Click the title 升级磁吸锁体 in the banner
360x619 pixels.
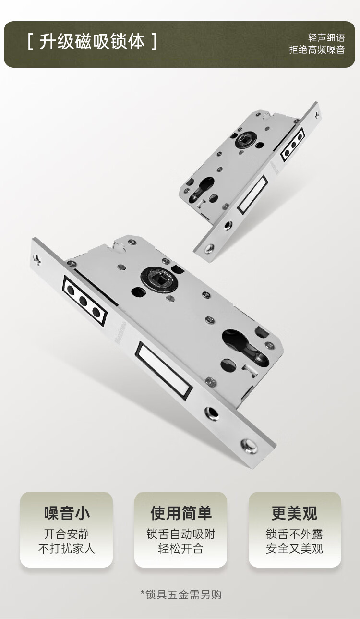point(92,42)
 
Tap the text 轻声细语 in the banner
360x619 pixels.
point(326,37)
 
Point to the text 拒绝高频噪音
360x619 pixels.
point(317,49)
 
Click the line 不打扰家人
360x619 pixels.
point(67,548)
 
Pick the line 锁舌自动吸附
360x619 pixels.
point(180,534)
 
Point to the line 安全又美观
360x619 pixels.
point(295,548)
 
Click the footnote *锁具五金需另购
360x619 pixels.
point(181,595)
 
